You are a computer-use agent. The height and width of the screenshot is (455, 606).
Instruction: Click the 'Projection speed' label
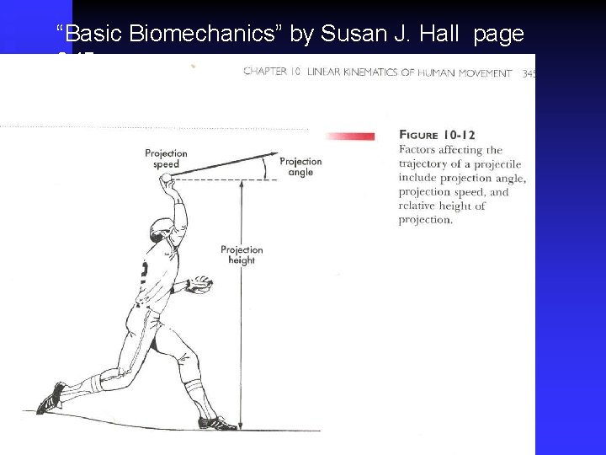[166, 158]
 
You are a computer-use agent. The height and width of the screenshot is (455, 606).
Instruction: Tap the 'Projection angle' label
[300, 166]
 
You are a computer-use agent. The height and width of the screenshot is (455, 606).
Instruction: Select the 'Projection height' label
[242, 254]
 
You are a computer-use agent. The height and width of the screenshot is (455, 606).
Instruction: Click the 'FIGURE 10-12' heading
[429, 135]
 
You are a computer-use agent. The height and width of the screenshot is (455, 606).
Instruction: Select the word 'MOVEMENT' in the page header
[486, 72]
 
